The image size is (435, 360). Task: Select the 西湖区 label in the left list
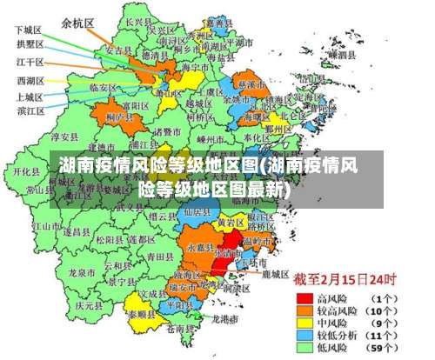30,80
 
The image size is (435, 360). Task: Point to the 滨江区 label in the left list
30,111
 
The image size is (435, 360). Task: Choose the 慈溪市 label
251,85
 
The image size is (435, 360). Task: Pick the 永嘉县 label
199,247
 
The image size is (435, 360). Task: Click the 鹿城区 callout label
275,274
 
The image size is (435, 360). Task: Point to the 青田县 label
159,257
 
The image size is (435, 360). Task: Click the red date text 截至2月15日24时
345,280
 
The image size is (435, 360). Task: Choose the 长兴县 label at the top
137,21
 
